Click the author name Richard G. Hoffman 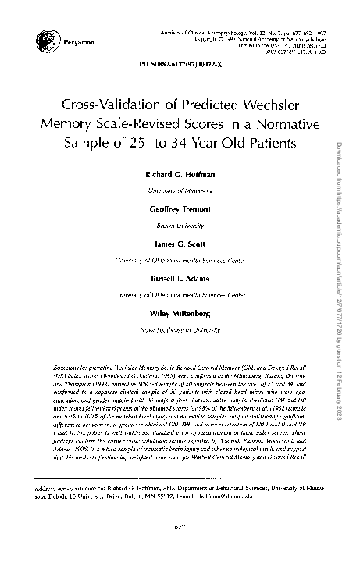click(x=180, y=173)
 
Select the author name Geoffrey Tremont click(x=180, y=209)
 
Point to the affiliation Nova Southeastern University click(x=180, y=330)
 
